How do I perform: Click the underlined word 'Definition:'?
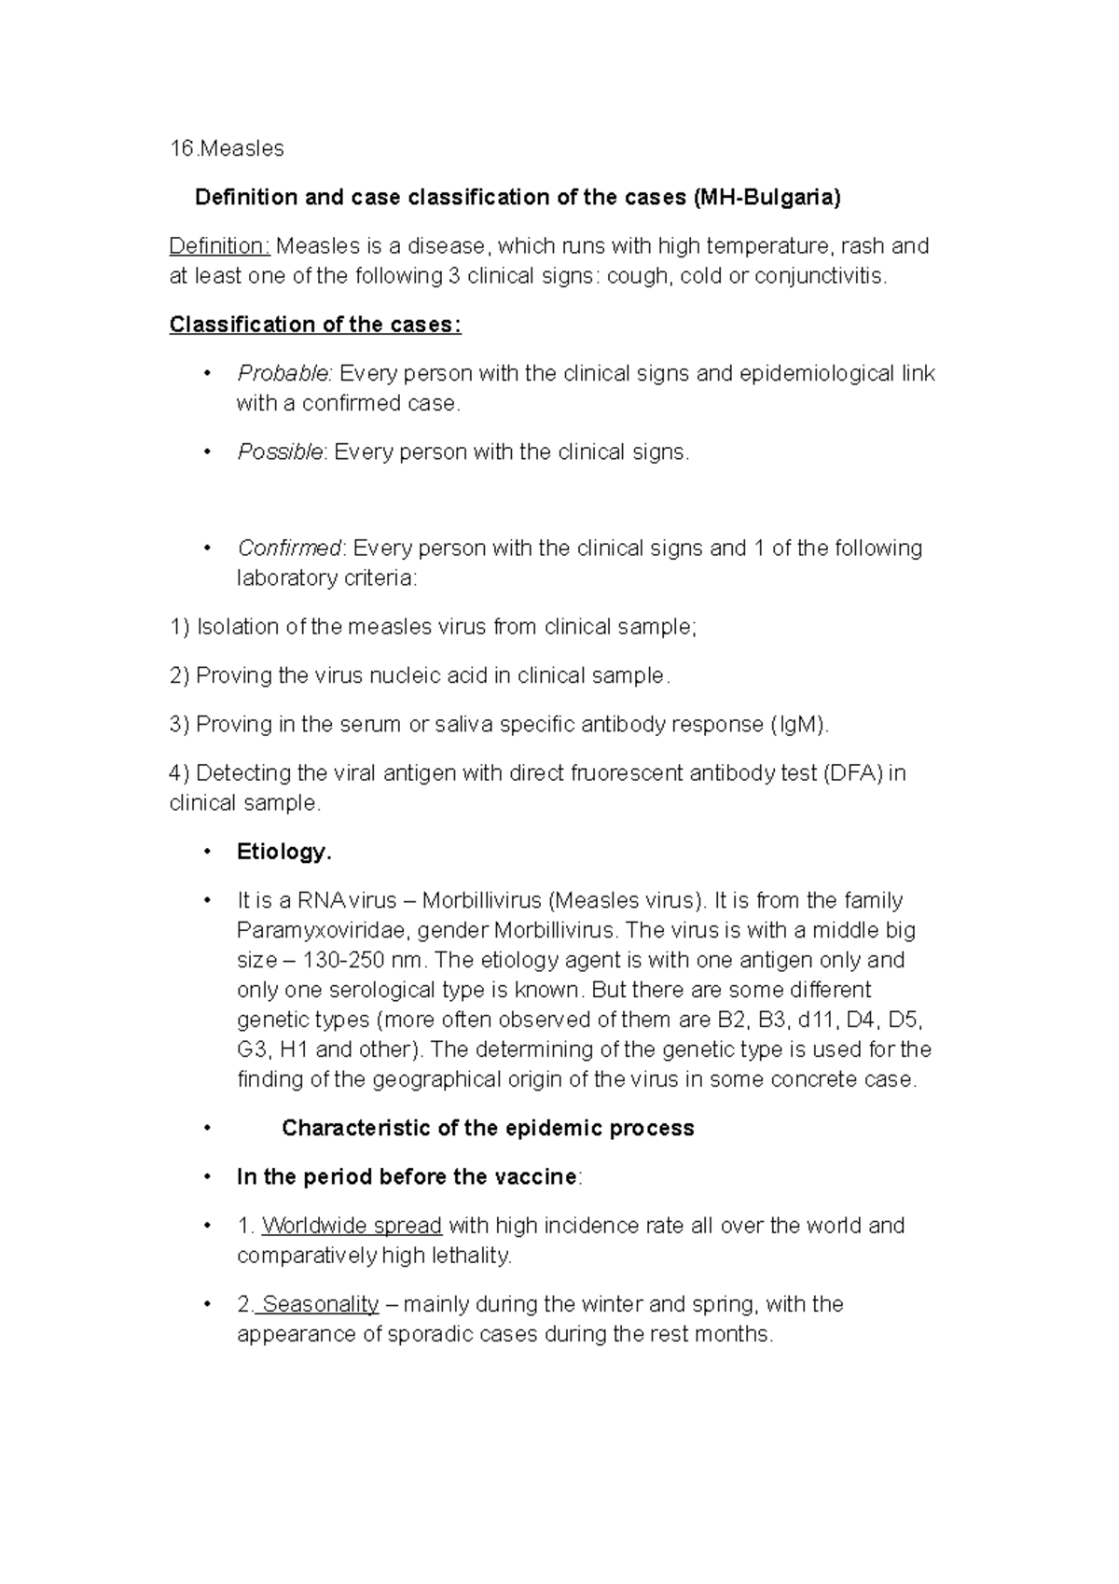tap(219, 246)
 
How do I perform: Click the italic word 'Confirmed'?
tap(290, 548)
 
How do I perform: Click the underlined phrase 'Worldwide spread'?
tap(352, 1225)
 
